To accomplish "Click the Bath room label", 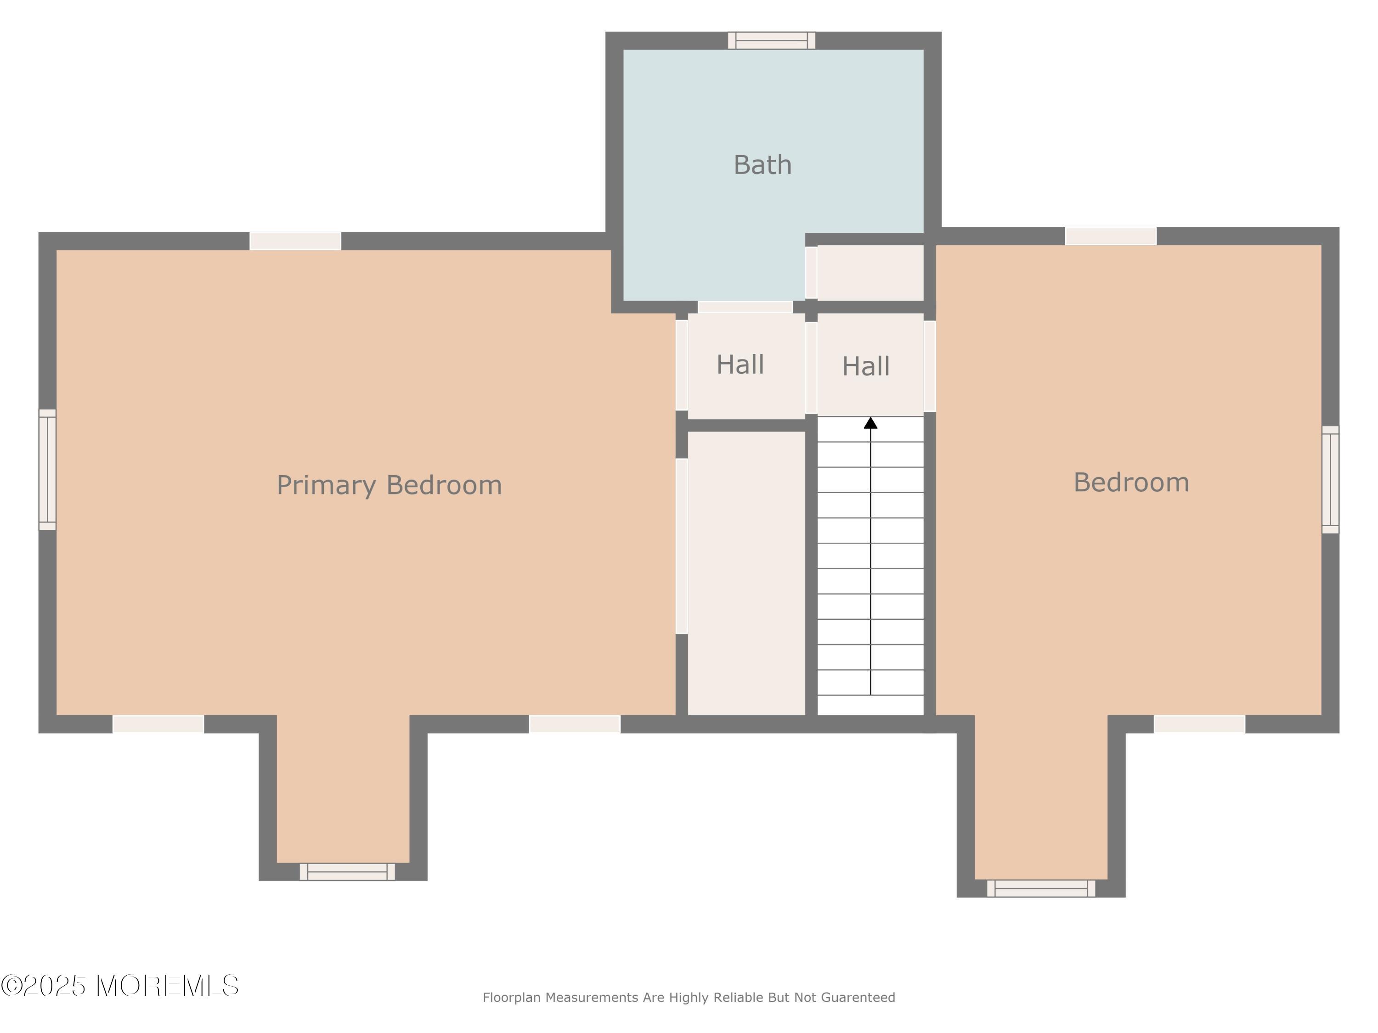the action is click(x=762, y=165).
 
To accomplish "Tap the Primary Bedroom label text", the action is click(x=390, y=485).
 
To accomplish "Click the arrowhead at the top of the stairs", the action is click(x=871, y=423).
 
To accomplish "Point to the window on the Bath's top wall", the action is click(x=772, y=40).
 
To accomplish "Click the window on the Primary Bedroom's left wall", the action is click(x=48, y=470).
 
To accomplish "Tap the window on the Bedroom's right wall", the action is click(x=1331, y=479).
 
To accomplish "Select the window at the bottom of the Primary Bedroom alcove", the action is click(x=347, y=872).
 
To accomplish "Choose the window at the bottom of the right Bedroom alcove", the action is click(x=1041, y=888).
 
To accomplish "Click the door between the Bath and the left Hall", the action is click(x=745, y=307).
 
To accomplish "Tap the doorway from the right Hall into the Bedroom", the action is click(x=930, y=366).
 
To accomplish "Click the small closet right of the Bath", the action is click(x=870, y=273).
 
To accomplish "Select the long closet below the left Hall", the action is click(x=746, y=573).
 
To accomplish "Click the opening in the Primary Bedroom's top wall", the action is click(x=295, y=241).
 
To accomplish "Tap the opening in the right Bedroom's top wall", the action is click(x=1111, y=236).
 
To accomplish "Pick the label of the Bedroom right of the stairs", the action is click(x=1131, y=483).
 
